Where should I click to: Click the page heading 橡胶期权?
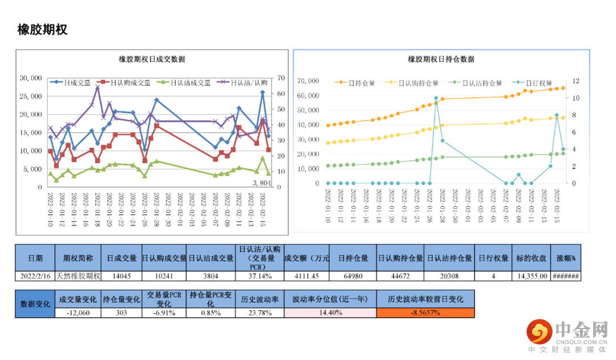(x=43, y=30)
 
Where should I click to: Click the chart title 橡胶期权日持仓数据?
(x=441, y=59)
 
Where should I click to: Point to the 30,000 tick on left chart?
(x=31, y=78)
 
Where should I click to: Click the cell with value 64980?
(x=352, y=276)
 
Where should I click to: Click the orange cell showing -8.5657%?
(x=425, y=313)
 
